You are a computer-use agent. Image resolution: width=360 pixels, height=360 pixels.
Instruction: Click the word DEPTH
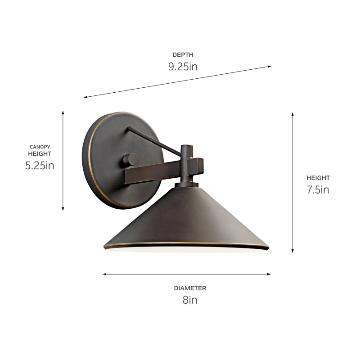tap(183, 55)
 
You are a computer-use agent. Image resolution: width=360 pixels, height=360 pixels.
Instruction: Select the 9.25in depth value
tap(183, 67)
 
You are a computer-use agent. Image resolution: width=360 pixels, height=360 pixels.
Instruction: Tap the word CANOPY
tap(40, 147)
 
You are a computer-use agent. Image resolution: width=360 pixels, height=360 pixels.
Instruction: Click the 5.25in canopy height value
tap(40, 165)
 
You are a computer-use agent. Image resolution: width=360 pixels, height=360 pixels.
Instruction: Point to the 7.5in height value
tap(318, 189)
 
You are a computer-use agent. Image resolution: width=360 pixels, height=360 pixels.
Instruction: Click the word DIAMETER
tap(190, 288)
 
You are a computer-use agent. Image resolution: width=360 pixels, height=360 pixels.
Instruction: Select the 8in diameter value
tap(190, 300)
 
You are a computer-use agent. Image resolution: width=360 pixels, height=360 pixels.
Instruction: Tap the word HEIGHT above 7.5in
tap(318, 178)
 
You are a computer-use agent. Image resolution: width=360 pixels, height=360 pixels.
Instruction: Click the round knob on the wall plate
tap(130, 159)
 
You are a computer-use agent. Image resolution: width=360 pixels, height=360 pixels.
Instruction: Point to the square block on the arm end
tap(196, 166)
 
